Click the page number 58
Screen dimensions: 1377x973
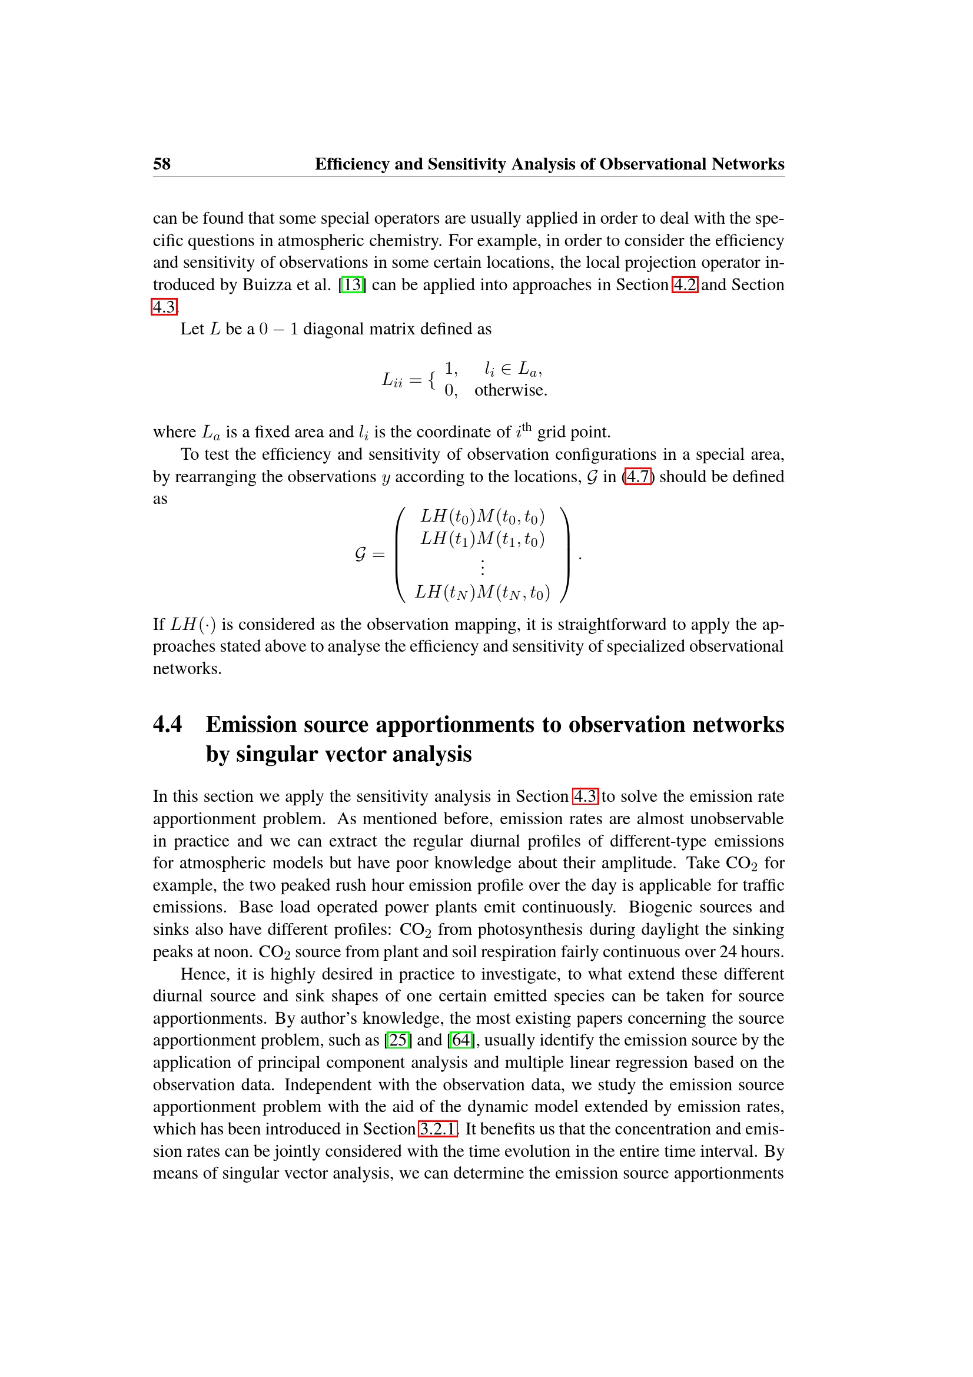coord(162,164)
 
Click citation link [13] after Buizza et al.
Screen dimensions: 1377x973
coord(352,284)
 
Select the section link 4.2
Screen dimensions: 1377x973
coord(684,284)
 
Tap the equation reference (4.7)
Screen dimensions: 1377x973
coord(638,476)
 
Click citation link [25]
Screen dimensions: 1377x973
coord(397,1039)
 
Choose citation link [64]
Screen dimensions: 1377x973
coord(460,1039)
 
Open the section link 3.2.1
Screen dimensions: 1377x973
coord(437,1128)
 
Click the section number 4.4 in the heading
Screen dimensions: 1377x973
coord(167,724)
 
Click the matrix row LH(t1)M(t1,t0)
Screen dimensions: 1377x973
coord(483,539)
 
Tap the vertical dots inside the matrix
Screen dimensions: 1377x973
coord(483,566)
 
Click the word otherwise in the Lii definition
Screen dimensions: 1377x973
coord(510,390)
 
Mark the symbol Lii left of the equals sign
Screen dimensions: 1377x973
coord(393,380)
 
